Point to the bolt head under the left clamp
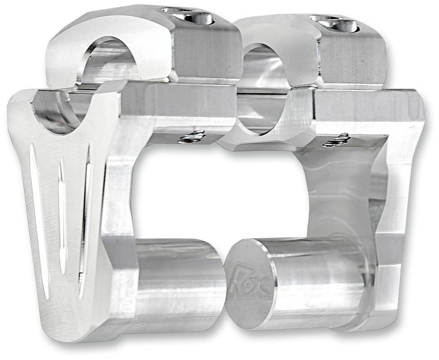pyautogui.click(x=192, y=137)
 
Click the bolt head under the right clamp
pyautogui.click(x=337, y=140)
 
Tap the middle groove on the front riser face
pyautogui.click(x=62, y=216)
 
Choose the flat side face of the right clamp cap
pyautogui.click(x=353, y=58)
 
